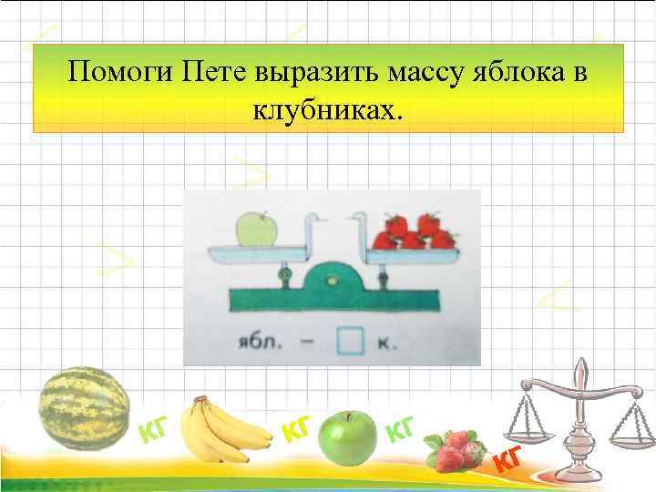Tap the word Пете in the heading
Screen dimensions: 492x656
point(222,72)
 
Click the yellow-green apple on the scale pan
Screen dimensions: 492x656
point(257,229)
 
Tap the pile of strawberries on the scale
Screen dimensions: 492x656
point(415,231)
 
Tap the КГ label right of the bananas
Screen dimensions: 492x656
point(298,425)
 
